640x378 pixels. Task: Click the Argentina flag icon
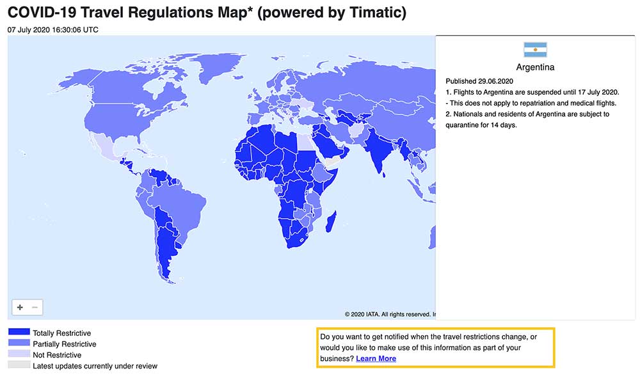pyautogui.click(x=535, y=50)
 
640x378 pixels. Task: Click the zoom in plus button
pyautogui.click(x=20, y=308)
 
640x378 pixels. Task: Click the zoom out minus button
pyautogui.click(x=35, y=308)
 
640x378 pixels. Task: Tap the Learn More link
pyautogui.click(x=376, y=359)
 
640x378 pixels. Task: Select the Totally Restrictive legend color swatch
pyautogui.click(x=19, y=333)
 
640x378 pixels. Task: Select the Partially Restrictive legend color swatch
pyautogui.click(x=19, y=343)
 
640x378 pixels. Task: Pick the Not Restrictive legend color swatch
pyautogui.click(x=19, y=354)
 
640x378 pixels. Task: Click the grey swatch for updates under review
pyautogui.click(x=19, y=365)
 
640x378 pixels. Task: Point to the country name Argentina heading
pyautogui.click(x=535, y=67)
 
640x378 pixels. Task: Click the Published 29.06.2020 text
pyautogui.click(x=479, y=81)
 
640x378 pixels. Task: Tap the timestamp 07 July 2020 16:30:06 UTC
pyautogui.click(x=53, y=29)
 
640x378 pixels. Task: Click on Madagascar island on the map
pyautogui.click(x=331, y=223)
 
